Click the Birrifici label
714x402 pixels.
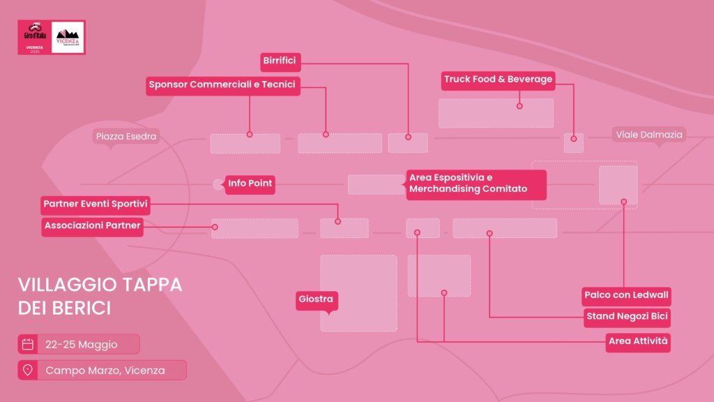(x=280, y=61)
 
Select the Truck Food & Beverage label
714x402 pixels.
(x=498, y=80)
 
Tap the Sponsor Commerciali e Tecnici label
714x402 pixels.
(x=222, y=85)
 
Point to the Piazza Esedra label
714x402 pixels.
(x=126, y=136)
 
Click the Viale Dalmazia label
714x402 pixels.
(x=648, y=135)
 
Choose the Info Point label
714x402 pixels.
(x=250, y=185)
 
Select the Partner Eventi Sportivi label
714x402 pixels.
(x=96, y=204)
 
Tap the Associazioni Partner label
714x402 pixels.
(x=92, y=225)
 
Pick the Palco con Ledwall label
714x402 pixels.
(x=626, y=295)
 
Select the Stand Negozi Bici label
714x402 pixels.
(x=627, y=317)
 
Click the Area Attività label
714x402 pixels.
(x=638, y=341)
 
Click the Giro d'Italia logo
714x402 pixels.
(x=34, y=37)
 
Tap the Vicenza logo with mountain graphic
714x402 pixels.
(x=69, y=37)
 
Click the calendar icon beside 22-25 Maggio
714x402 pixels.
(x=28, y=344)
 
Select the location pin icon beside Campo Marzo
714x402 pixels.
(x=28, y=370)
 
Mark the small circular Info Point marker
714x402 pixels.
(x=218, y=184)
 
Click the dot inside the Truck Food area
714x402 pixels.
(x=519, y=106)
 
